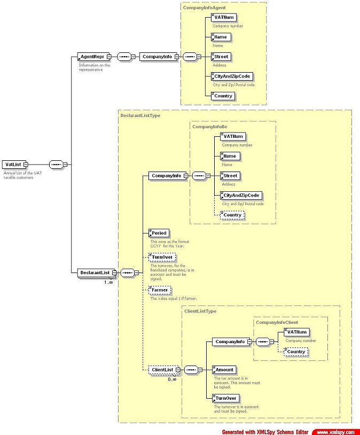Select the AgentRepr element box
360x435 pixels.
click(92, 56)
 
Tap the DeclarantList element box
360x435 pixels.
click(95, 273)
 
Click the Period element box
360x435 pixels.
click(159, 233)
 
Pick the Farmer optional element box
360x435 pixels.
click(160, 290)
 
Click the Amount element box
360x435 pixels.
click(224, 369)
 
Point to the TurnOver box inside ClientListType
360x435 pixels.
click(226, 398)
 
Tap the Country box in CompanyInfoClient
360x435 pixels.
click(295, 352)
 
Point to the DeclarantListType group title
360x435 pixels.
click(140, 115)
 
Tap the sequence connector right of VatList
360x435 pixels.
click(56, 165)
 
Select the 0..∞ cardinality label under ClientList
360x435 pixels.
click(171, 378)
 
